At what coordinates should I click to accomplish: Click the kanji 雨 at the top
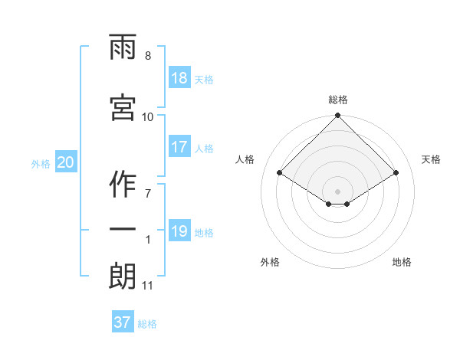[123, 47]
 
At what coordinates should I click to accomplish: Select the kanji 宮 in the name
[123, 107]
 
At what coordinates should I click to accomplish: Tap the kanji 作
[123, 184]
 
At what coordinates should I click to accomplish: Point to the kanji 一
[123, 229]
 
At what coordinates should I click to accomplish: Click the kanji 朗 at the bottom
[123, 277]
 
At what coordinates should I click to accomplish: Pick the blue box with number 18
[180, 77]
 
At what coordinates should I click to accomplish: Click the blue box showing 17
[180, 146]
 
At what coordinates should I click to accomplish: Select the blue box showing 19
[180, 230]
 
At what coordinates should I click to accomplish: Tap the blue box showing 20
[66, 162]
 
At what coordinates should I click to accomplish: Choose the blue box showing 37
[123, 321]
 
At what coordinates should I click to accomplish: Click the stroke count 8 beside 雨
[148, 56]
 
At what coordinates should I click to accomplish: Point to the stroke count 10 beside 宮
[147, 117]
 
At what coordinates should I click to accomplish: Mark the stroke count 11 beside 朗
[147, 286]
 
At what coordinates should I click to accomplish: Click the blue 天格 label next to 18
[204, 80]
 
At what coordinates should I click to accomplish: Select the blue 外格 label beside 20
[41, 164]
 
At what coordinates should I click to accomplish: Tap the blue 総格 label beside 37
[147, 324]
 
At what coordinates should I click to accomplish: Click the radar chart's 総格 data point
[337, 115]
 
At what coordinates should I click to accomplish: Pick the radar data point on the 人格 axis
[280, 172]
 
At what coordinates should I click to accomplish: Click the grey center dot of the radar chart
[337, 191]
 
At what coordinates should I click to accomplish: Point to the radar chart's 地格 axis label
[402, 262]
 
